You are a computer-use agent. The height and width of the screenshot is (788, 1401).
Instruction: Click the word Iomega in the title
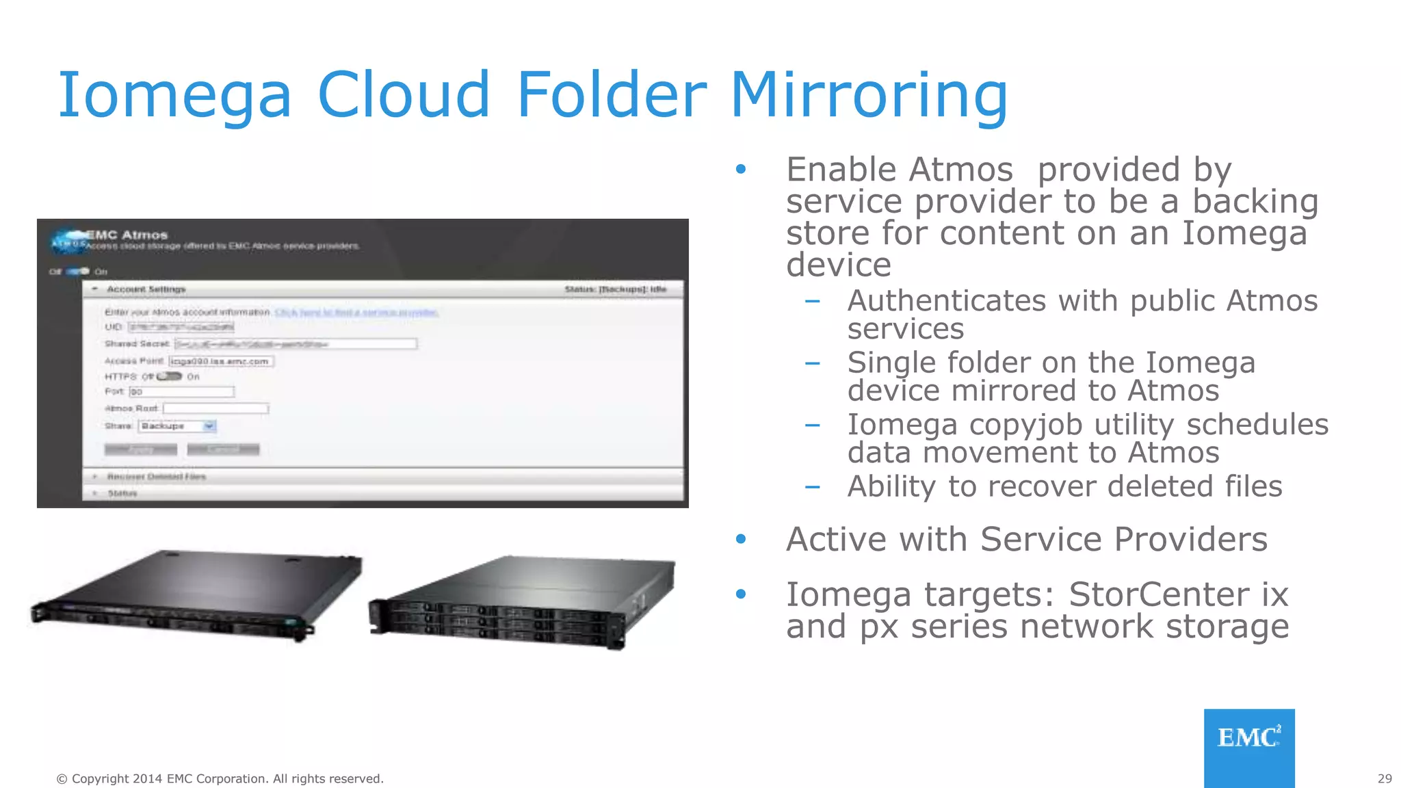point(175,96)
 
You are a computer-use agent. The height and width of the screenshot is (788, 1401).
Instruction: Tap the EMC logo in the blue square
point(1249,739)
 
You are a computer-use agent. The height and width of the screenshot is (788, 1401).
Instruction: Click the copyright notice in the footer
point(220,778)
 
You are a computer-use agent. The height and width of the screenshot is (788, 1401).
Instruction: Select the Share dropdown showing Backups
point(177,426)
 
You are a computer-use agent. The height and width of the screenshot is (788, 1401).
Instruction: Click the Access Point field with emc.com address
point(221,361)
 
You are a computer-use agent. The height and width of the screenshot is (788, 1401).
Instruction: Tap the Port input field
point(182,392)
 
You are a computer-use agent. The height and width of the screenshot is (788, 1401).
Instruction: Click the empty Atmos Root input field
point(215,408)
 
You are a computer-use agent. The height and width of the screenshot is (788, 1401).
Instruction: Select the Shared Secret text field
point(296,344)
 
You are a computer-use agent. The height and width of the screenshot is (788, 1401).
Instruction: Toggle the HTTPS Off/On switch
point(169,376)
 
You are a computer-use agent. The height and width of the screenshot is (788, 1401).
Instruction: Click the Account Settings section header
point(146,289)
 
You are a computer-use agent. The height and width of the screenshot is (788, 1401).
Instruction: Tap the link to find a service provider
point(356,313)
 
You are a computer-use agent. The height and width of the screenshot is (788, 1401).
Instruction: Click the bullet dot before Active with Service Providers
point(741,540)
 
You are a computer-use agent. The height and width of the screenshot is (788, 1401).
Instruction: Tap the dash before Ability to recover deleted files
point(813,487)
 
